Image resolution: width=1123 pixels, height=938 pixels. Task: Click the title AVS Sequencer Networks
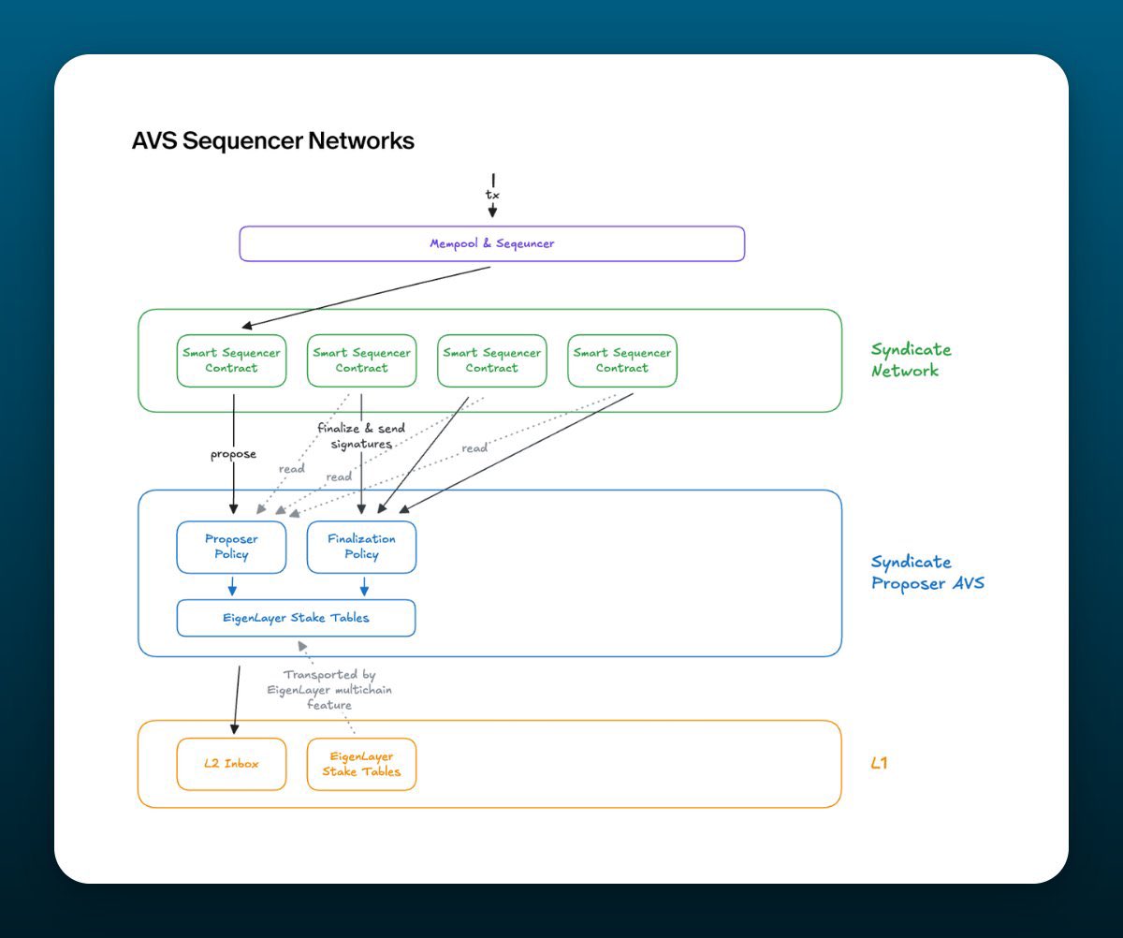(x=272, y=141)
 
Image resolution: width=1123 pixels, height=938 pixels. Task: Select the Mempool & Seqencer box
(x=491, y=243)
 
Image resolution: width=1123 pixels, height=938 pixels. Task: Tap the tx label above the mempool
(x=492, y=194)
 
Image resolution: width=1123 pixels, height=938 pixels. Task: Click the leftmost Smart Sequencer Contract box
(x=231, y=360)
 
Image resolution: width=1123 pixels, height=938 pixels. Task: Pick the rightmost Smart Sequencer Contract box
(x=621, y=360)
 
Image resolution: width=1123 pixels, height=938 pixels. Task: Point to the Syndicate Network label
(x=911, y=359)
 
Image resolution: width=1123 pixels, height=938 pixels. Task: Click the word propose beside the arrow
(x=233, y=454)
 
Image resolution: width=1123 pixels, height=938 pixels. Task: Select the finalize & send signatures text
(x=361, y=436)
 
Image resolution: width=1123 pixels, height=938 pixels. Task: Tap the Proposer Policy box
(x=231, y=547)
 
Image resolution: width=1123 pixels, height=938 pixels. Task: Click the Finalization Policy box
(x=361, y=547)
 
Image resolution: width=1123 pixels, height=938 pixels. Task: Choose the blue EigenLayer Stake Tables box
(x=296, y=618)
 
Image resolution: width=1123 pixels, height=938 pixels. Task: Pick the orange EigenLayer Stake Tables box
(x=361, y=764)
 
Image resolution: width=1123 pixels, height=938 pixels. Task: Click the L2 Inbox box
(x=231, y=764)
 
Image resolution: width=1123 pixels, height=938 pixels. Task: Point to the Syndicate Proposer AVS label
(x=926, y=572)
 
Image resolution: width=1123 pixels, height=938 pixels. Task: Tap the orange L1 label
(x=879, y=763)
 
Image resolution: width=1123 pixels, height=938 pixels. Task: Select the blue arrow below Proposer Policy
(x=233, y=586)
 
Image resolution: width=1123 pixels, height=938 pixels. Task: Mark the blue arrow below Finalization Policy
(x=364, y=586)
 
